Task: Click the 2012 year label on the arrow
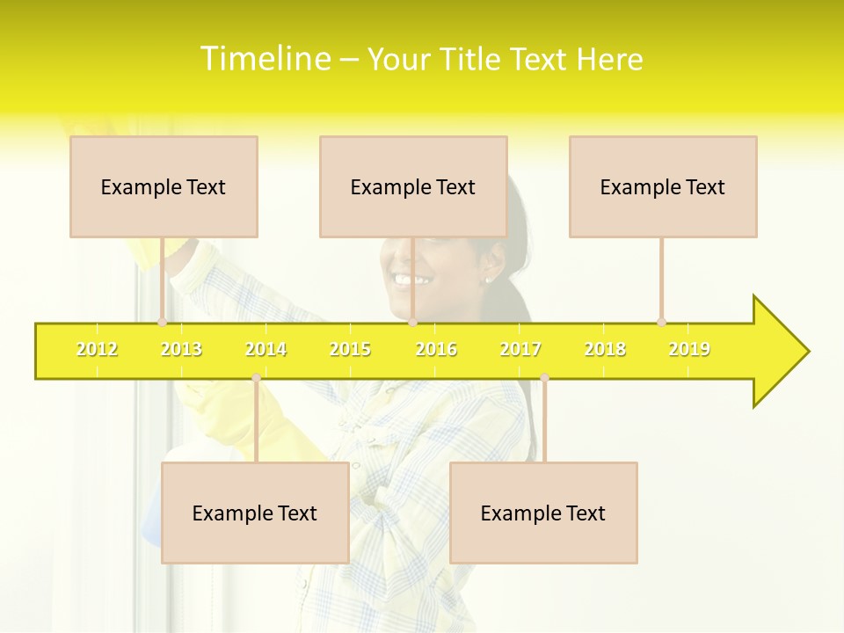pos(97,349)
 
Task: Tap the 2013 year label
pos(181,349)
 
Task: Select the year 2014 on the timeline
pos(266,349)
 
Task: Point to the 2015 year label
pos(350,349)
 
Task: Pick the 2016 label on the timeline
pos(436,349)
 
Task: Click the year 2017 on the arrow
pos(520,349)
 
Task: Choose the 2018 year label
pos(605,349)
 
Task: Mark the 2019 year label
pos(689,349)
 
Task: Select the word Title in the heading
pos(472,60)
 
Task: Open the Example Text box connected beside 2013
pos(164,186)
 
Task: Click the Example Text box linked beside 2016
pos(413,186)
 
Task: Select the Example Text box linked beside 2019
pos(663,186)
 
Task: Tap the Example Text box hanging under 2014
pos(255,513)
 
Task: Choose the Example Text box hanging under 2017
pos(543,513)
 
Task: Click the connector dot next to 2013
pos(162,322)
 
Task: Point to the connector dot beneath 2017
pos(544,378)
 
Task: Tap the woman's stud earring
pos(486,280)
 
